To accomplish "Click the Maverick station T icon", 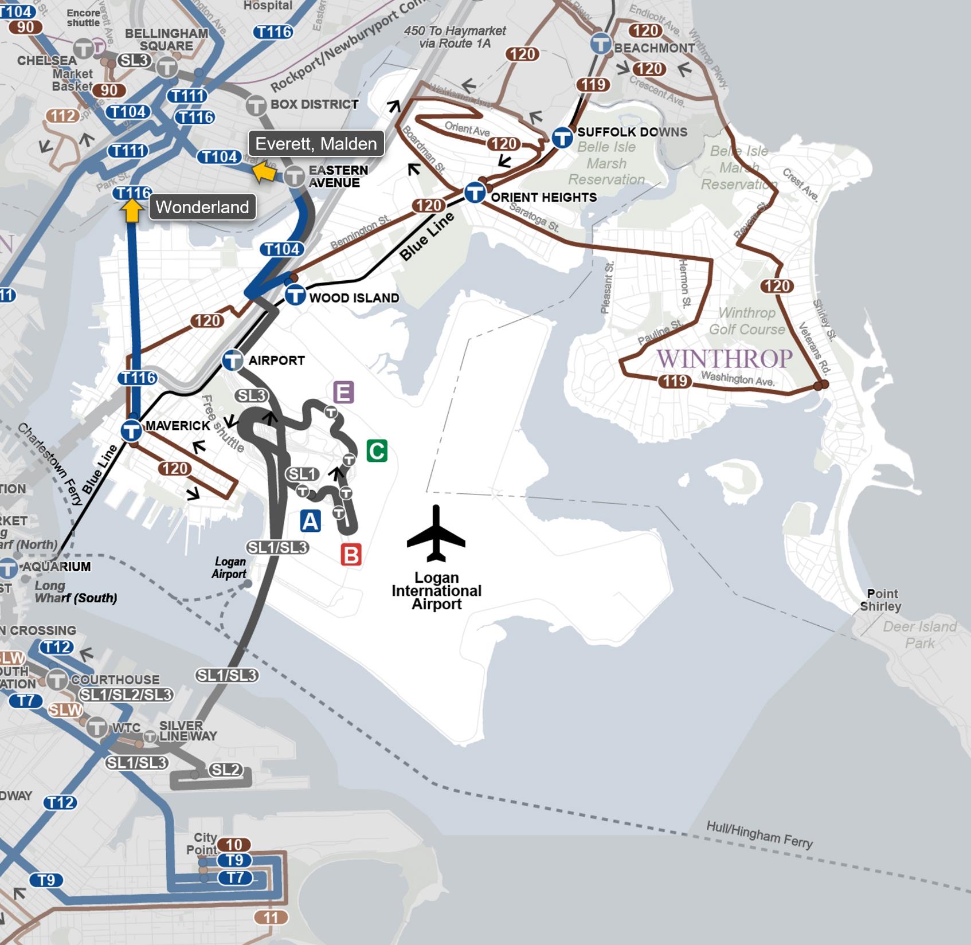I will pos(131,430).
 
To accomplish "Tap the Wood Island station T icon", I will pos(295,296).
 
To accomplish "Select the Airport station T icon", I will pos(233,360).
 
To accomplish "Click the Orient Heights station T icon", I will pos(475,193).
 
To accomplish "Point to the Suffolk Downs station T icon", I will pos(562,138).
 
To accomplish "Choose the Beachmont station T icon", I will pos(601,44).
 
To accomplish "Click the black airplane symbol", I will pos(436,534).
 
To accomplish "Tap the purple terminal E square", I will pos(343,393).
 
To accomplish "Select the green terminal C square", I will pos(377,451).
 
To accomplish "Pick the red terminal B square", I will pos(351,555).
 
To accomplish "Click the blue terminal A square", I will pos(310,521).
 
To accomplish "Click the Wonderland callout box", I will pos(202,207).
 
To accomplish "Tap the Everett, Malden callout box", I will pos(316,144).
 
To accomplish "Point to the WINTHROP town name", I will pos(725,359).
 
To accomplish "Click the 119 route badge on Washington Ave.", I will pos(674,381).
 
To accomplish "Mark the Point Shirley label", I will pos(881,600).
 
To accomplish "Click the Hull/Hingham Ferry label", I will pos(759,834).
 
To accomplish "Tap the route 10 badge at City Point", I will pos(234,845).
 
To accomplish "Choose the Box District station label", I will pos(314,104).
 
